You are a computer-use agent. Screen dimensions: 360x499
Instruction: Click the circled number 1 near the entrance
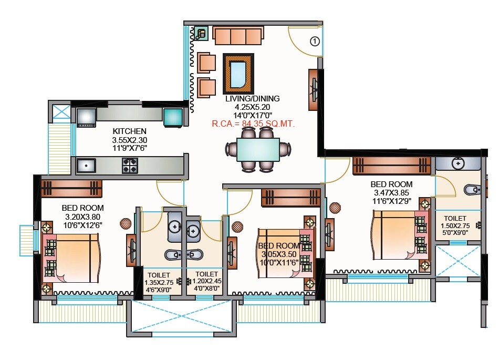pyautogui.click(x=315, y=40)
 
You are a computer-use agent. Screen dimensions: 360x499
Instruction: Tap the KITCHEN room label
pyautogui.click(x=129, y=131)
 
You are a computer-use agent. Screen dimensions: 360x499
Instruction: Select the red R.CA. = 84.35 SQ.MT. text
pyautogui.click(x=253, y=124)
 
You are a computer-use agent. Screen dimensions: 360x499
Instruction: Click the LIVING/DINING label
pyautogui.click(x=252, y=99)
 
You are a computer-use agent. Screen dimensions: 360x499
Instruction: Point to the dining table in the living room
pyautogui.click(x=258, y=149)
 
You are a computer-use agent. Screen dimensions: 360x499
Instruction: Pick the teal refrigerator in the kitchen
pyautogui.click(x=173, y=117)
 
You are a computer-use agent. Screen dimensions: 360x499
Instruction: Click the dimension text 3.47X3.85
pyautogui.click(x=391, y=193)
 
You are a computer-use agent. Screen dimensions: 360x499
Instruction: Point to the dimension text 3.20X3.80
pyautogui.click(x=82, y=217)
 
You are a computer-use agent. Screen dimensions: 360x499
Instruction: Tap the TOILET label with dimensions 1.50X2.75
pyautogui.click(x=455, y=218)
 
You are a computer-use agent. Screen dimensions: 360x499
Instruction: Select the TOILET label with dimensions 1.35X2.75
pyautogui.click(x=159, y=274)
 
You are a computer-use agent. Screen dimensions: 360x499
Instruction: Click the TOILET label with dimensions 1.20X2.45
pyautogui.click(x=206, y=274)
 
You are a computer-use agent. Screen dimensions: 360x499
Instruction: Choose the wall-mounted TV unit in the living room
pyautogui.click(x=314, y=90)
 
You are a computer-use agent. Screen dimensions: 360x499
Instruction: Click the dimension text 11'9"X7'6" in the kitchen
pyautogui.click(x=129, y=148)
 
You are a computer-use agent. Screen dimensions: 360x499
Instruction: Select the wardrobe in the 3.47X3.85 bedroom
pyautogui.click(x=391, y=165)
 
